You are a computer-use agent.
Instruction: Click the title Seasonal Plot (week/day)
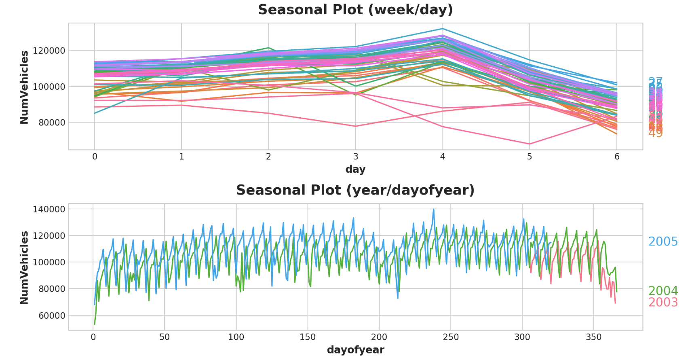click(355, 10)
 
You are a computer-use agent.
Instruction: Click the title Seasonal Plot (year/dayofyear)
click(355, 190)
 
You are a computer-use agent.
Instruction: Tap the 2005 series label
click(663, 242)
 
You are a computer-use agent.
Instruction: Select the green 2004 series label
click(663, 291)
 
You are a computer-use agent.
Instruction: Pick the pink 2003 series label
click(663, 303)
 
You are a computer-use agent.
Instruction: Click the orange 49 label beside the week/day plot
click(655, 133)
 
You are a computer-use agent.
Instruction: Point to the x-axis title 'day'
click(355, 169)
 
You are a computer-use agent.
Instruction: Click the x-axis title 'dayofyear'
click(355, 350)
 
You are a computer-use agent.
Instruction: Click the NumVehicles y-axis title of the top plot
click(24, 87)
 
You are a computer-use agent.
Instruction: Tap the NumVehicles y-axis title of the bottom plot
click(24, 267)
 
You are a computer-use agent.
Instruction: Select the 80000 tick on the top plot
click(51, 123)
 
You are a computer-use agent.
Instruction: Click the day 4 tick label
click(443, 157)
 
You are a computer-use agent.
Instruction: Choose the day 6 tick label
click(617, 157)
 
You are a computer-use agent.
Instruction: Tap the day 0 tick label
click(95, 157)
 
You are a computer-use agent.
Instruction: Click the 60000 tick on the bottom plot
click(51, 316)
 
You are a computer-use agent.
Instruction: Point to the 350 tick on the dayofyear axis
click(593, 337)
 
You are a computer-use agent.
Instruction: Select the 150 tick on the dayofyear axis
click(308, 337)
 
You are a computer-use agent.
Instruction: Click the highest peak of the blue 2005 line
click(434, 210)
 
